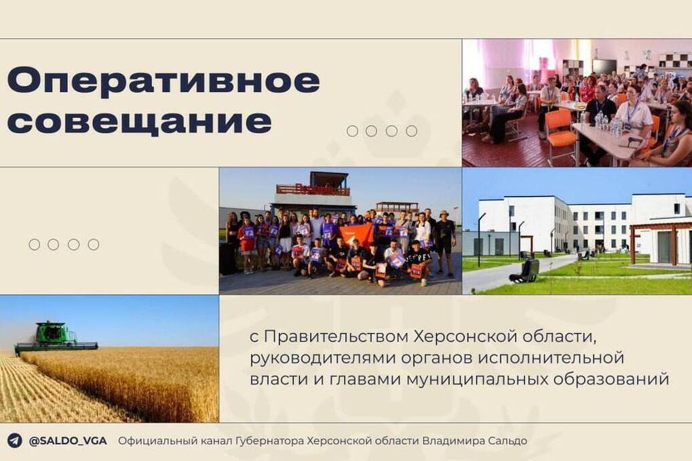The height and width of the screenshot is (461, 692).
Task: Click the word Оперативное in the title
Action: (x=163, y=81)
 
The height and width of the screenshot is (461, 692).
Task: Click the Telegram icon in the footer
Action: (x=14, y=441)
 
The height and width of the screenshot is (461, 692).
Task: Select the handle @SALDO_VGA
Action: (x=67, y=441)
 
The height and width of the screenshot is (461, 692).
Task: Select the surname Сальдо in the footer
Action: (x=505, y=441)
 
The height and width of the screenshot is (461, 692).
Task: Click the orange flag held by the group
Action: (x=357, y=235)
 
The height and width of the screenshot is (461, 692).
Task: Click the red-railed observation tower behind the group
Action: (x=312, y=191)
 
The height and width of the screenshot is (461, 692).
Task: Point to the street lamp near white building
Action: (x=479, y=237)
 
